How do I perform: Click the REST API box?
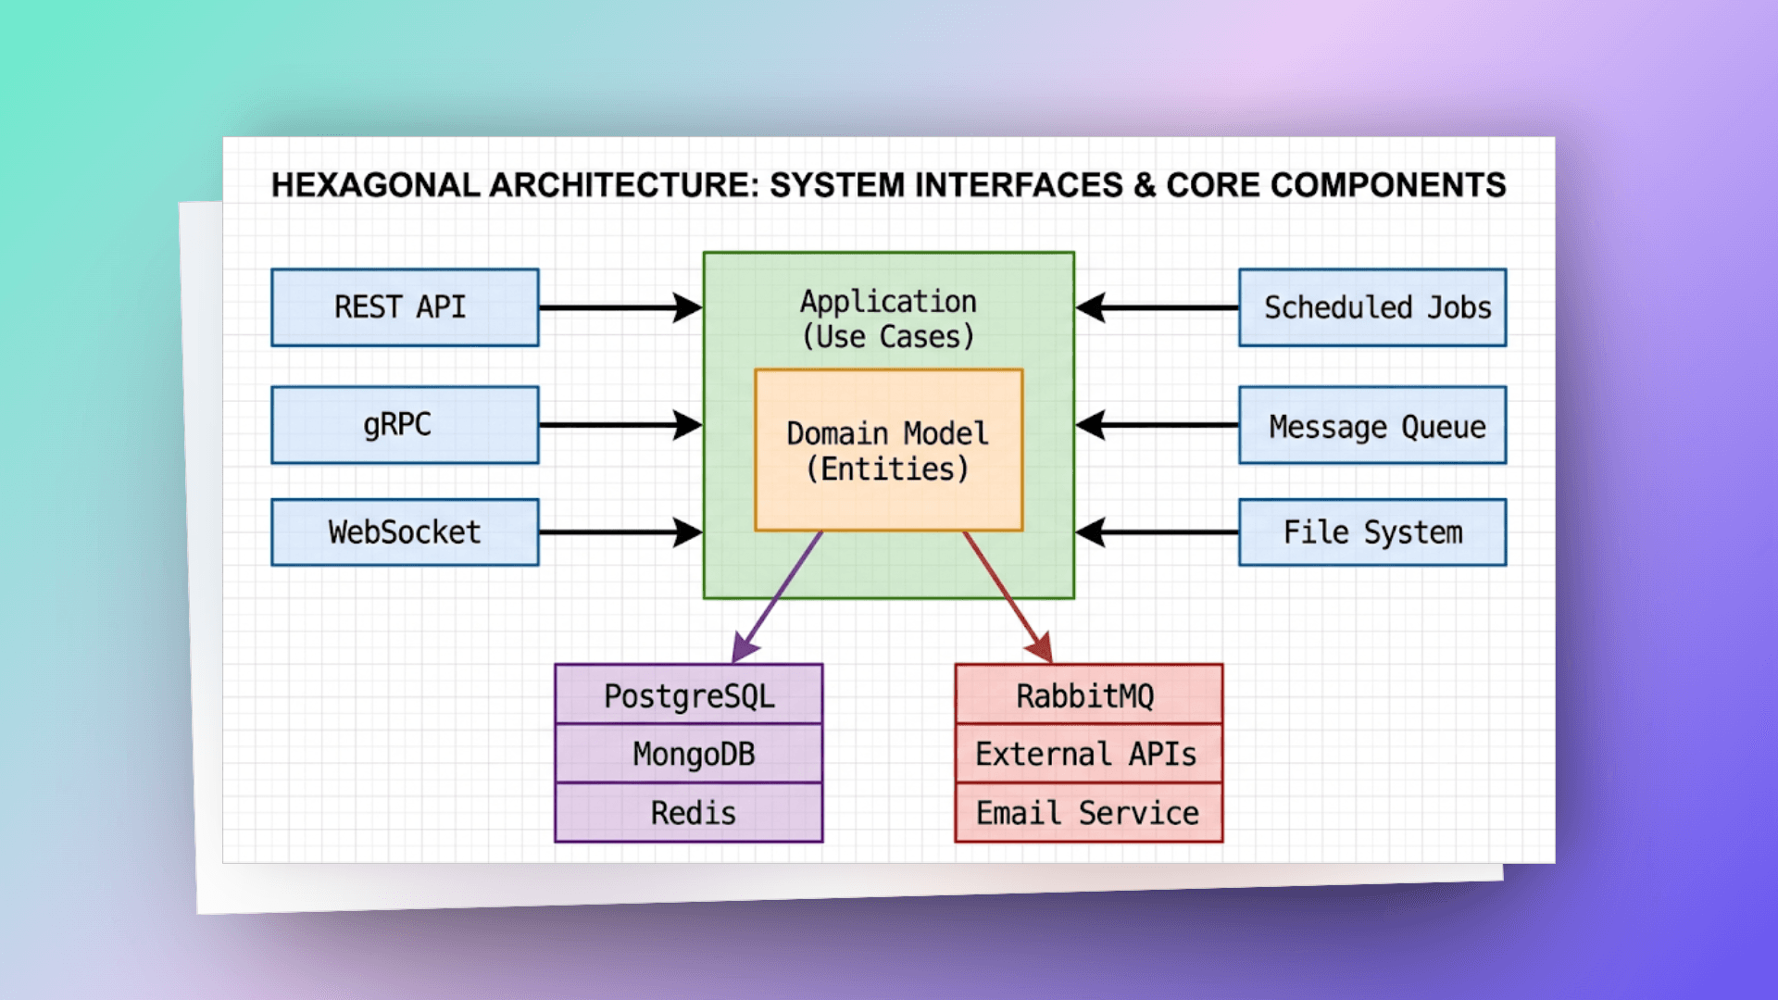tap(405, 307)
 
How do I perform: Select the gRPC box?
tap(405, 425)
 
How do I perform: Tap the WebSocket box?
tap(405, 532)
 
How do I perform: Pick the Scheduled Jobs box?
tap(1372, 307)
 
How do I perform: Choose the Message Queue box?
tap(1372, 425)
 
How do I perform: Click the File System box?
tap(1372, 532)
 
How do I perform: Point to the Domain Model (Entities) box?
tap(889, 450)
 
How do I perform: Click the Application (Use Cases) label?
tap(889, 319)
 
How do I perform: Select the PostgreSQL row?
tap(689, 694)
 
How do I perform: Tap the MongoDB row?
tap(689, 754)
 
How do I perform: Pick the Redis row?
tap(689, 813)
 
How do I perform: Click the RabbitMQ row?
tap(1089, 694)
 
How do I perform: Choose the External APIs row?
tap(1089, 754)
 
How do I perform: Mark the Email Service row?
tap(1089, 813)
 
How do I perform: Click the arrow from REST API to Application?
tap(621, 307)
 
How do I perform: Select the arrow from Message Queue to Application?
tap(1157, 425)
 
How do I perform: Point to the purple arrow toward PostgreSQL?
tap(777, 597)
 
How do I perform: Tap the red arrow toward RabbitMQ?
tap(1008, 597)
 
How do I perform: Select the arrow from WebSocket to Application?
tap(621, 532)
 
